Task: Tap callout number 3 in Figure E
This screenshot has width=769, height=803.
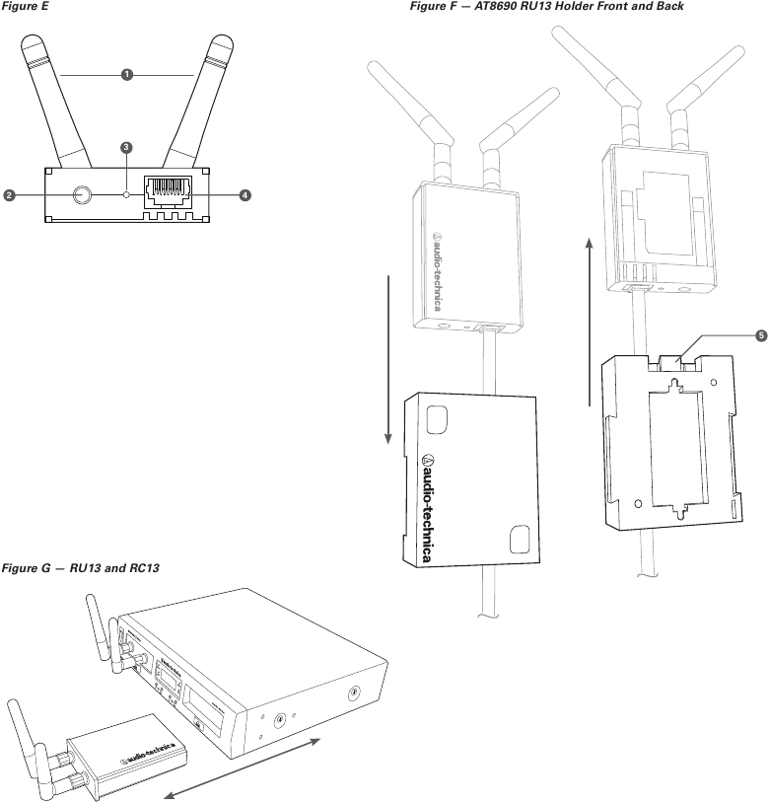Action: point(126,148)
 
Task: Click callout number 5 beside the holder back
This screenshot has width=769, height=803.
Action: point(760,335)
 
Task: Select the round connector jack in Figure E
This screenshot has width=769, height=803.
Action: point(80,195)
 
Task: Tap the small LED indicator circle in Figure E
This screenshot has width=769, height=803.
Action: point(126,195)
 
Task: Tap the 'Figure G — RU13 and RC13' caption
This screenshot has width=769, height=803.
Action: point(82,568)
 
